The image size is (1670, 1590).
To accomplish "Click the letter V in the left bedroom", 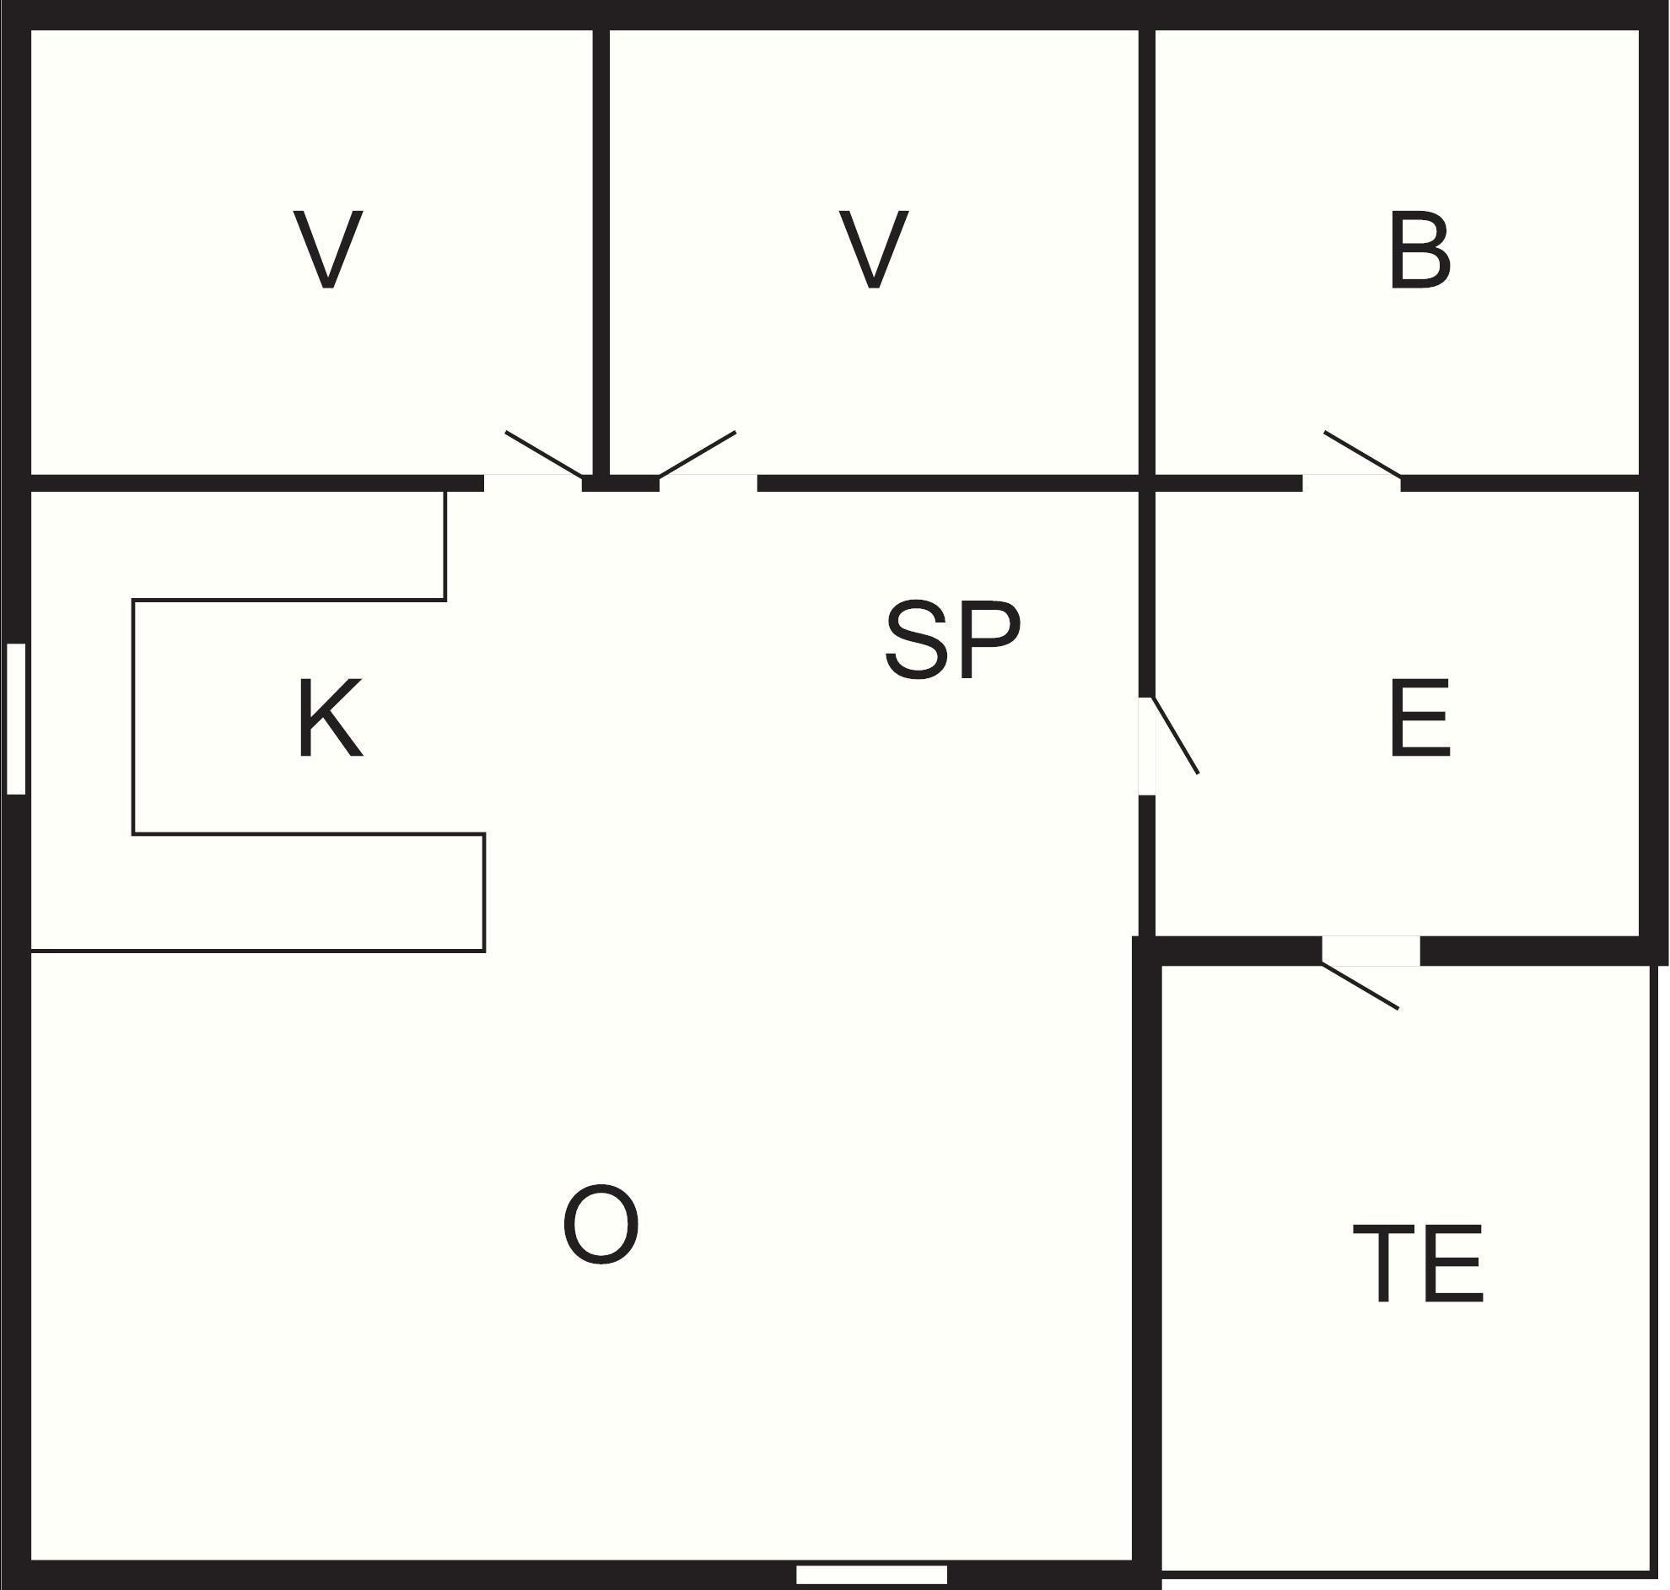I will click(328, 249).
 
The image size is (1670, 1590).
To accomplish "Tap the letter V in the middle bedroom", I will click(874, 249).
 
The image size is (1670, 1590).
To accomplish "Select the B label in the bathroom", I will click(1419, 251).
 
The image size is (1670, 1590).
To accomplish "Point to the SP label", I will click(952, 640).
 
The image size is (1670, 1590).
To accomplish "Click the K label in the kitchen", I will click(331, 718).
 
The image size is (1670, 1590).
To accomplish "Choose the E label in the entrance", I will click(1420, 718).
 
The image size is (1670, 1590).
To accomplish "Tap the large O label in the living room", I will click(601, 1224).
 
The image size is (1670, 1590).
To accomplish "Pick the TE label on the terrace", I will click(1419, 1263).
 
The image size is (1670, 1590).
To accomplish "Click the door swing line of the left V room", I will click(543, 455).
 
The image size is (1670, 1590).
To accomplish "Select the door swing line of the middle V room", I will click(698, 455).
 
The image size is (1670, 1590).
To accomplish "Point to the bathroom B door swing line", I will click(1361, 455).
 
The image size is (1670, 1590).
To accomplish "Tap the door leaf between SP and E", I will click(1175, 735).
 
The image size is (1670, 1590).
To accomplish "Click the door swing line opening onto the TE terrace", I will click(1359, 986).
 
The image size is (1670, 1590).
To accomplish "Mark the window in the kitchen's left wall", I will click(16, 719).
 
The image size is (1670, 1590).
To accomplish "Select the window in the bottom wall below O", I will click(871, 1574).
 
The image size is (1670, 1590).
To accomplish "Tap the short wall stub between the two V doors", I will click(620, 483).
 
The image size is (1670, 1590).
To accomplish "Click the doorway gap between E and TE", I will click(1371, 950).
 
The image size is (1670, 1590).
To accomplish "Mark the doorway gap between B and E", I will click(1350, 483).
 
